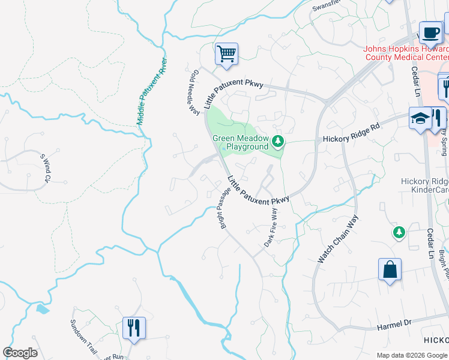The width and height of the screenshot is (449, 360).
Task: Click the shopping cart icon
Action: (227, 54)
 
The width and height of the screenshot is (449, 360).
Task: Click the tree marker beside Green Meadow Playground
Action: (277, 142)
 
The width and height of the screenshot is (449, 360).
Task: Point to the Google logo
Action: (20, 353)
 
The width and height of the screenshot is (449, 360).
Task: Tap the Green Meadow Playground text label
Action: (241, 143)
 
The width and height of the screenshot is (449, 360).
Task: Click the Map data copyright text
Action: (412, 355)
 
